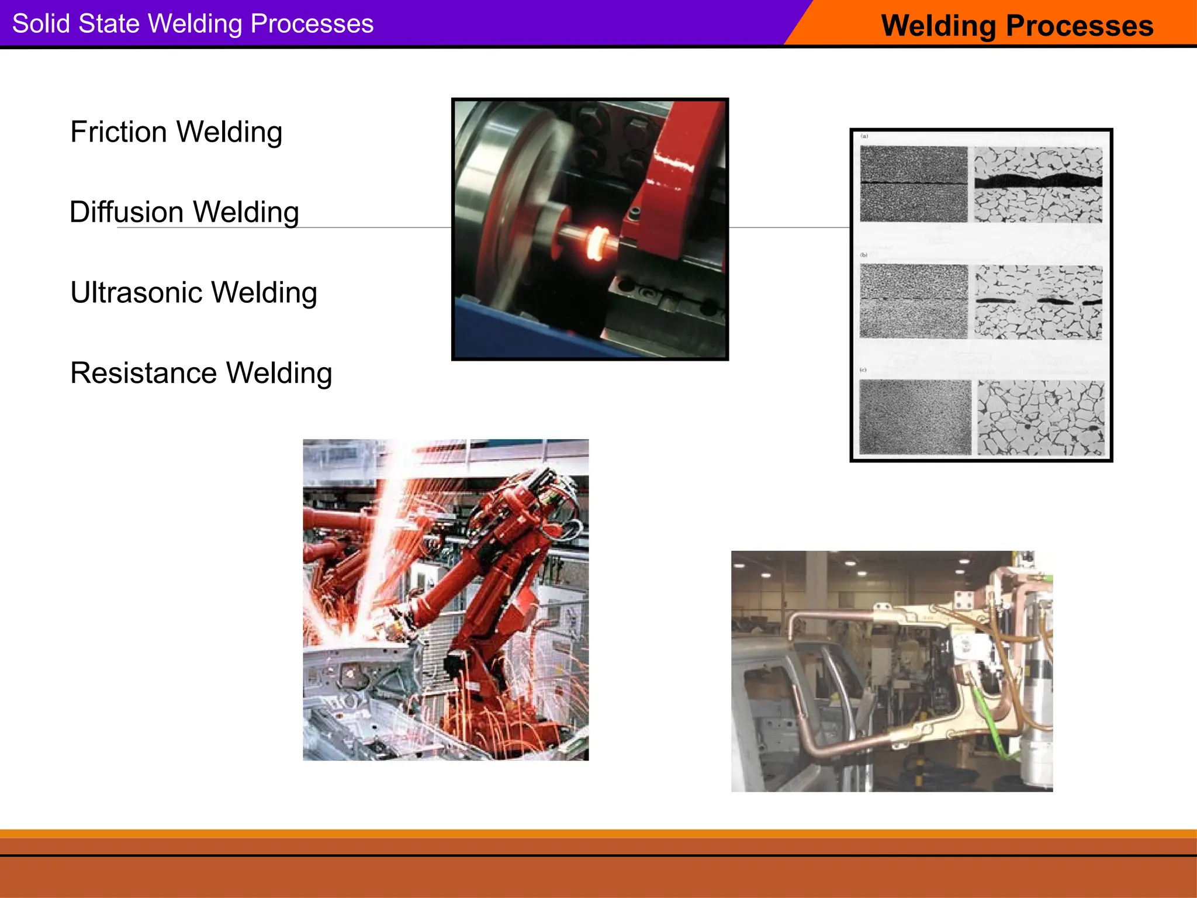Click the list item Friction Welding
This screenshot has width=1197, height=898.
pyautogui.click(x=176, y=132)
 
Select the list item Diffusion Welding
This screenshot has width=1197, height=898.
pyautogui.click(x=184, y=212)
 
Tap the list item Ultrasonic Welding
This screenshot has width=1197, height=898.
pyautogui.click(x=193, y=292)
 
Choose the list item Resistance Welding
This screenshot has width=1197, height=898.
pyautogui.click(x=201, y=373)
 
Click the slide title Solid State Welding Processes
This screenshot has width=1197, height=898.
pyautogui.click(x=193, y=24)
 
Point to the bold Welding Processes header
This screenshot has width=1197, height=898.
pyautogui.click(x=1017, y=26)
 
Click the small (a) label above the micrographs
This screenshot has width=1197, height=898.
pyautogui.click(x=864, y=136)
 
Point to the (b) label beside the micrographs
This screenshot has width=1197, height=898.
pyautogui.click(x=864, y=255)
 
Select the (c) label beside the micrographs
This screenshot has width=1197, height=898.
pyautogui.click(x=863, y=370)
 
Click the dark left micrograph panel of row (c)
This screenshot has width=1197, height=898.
pyautogui.click(x=915, y=417)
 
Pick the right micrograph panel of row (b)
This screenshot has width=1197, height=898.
pyautogui.click(x=1038, y=302)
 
